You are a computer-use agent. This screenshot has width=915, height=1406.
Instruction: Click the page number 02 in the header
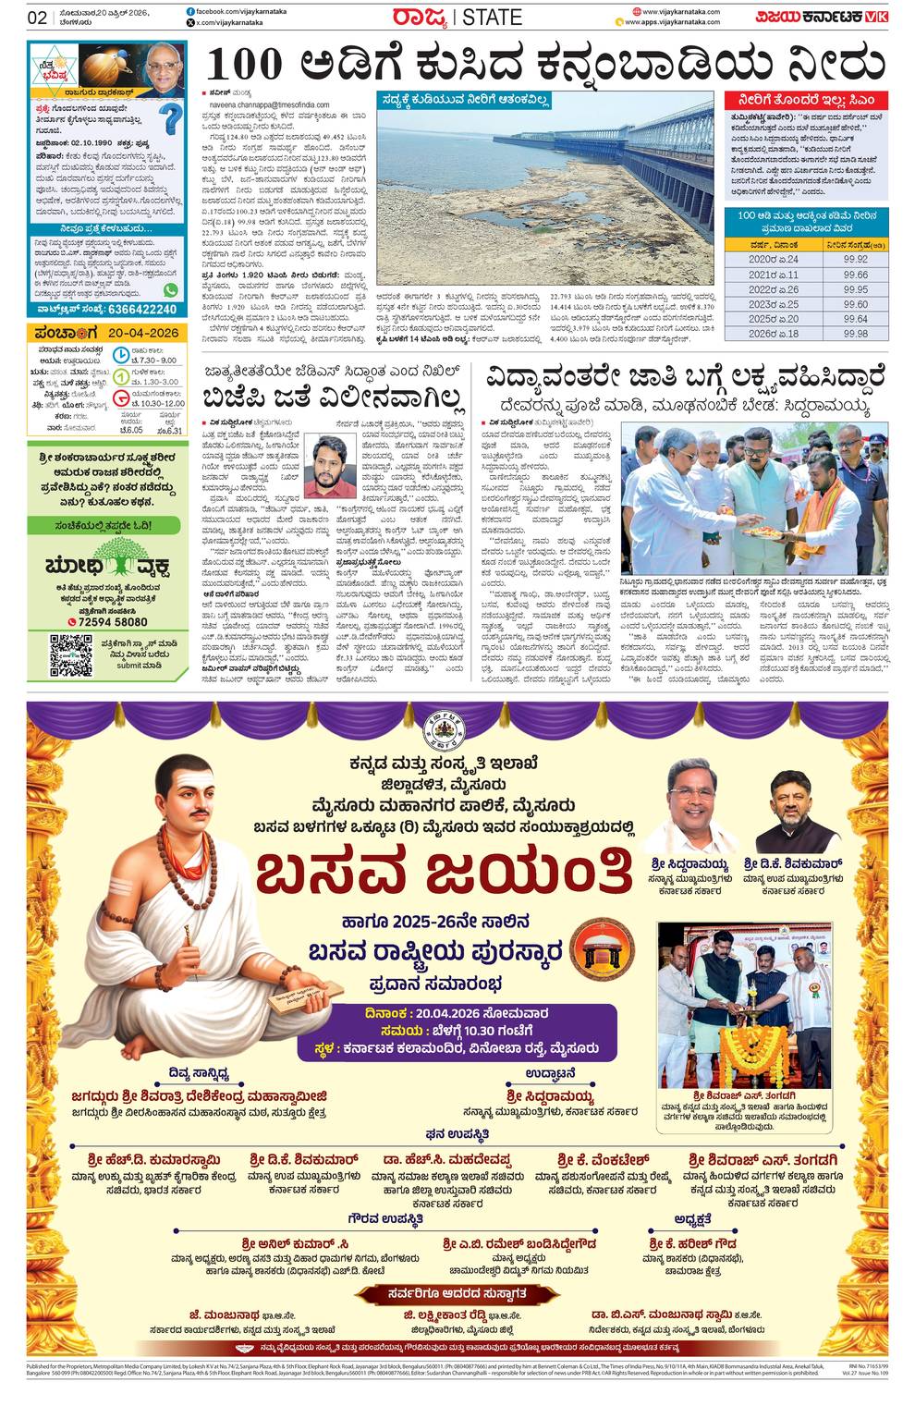coord(37,17)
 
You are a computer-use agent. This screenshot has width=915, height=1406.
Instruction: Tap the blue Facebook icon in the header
coord(190,10)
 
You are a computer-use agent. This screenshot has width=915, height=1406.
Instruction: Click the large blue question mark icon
coord(170,120)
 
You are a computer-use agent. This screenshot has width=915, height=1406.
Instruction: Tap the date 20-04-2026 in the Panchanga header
coord(143,331)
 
